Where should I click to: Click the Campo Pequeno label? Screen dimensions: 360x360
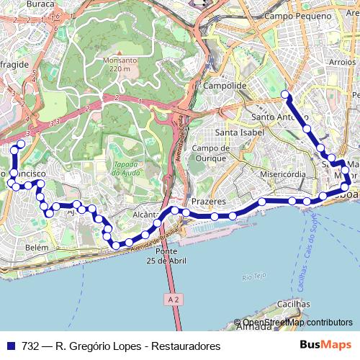tap(292, 15)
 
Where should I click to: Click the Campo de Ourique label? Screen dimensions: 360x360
tap(210, 153)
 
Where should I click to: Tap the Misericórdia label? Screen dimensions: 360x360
tap(284, 174)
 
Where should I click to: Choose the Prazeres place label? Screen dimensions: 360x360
tap(209, 202)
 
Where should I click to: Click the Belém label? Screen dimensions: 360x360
tap(36, 247)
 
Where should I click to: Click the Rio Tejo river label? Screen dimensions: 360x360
tap(254, 276)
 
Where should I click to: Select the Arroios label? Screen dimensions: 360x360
tap(342, 63)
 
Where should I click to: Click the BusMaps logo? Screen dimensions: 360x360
tap(325, 346)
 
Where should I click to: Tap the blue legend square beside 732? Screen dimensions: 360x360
tap(10, 346)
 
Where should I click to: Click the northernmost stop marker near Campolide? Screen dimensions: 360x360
tap(285, 94)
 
